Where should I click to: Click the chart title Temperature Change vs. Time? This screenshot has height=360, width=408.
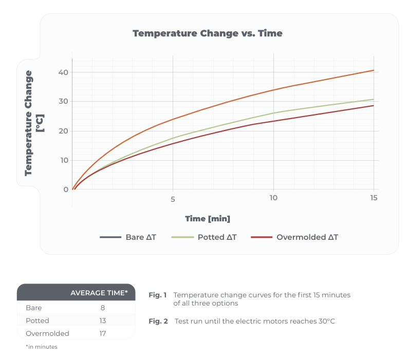point(207,33)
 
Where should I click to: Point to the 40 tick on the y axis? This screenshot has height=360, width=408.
point(63,72)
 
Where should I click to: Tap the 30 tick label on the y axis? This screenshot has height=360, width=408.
point(63,102)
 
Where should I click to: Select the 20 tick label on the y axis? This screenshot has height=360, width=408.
point(63,131)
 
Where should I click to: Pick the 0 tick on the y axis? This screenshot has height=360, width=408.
point(66,190)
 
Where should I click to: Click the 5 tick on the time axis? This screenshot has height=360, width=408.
point(173,199)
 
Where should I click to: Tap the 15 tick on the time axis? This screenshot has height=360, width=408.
point(374,198)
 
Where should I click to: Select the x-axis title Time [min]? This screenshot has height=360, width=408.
point(208,219)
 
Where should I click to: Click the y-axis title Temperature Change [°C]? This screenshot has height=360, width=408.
point(34,123)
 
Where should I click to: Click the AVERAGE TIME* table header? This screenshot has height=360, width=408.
point(99,293)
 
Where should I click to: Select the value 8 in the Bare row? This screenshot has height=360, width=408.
point(103,308)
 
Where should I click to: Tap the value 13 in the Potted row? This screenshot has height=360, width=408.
point(103,320)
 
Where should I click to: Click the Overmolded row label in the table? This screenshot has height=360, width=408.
point(47,333)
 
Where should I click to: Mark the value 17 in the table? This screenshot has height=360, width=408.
point(103,333)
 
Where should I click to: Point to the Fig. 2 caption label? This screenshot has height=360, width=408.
point(158,321)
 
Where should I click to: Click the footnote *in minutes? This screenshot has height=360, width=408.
point(41,347)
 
